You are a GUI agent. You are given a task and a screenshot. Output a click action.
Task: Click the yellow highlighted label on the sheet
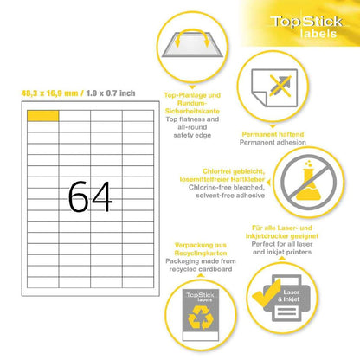[43, 116]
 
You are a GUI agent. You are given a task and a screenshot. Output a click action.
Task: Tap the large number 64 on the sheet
[90, 197]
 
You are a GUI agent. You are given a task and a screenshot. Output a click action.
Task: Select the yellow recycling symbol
[201, 318]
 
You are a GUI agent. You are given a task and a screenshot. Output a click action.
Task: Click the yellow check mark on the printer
[267, 293]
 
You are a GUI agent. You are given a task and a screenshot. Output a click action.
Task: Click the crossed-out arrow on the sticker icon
[280, 86]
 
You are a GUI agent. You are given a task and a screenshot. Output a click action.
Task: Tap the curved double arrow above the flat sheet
[192, 37]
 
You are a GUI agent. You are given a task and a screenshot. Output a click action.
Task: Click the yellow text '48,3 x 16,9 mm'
[49, 93]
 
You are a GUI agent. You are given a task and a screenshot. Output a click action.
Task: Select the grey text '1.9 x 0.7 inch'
[111, 93]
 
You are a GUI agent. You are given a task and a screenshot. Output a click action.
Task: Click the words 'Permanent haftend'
[273, 134]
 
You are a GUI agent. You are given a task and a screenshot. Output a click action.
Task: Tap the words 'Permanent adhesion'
[273, 142]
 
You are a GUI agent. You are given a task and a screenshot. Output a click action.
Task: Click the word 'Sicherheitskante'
[192, 111]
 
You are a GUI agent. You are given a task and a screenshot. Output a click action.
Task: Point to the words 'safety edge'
[192, 135]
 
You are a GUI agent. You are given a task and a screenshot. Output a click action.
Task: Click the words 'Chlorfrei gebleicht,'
[234, 171]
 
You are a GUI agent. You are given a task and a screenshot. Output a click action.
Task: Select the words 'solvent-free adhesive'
[230, 196]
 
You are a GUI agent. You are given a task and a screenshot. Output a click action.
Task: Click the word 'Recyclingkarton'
[201, 254]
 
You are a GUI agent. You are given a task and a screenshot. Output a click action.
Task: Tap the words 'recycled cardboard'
[201, 269]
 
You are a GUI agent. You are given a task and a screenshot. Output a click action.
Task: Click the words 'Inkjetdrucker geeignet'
[282, 236]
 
